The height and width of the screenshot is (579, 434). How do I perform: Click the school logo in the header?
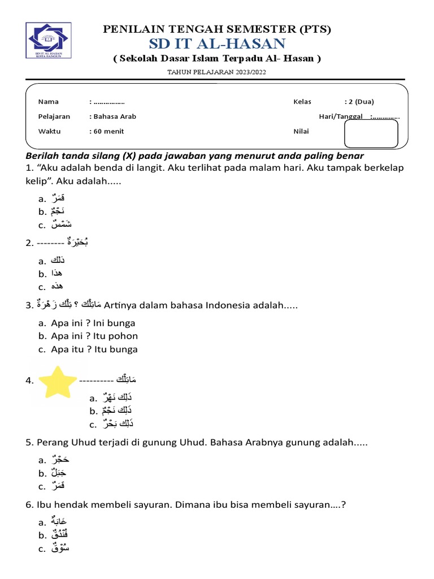[49, 40]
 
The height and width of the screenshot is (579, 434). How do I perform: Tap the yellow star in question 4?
[57, 382]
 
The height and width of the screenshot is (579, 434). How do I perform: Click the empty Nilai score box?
[371, 133]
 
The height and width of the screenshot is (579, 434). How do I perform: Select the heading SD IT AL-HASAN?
[217, 44]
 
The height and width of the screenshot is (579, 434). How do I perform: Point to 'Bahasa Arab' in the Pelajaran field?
[115, 116]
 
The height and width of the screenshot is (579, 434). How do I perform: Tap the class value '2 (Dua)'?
[361, 102]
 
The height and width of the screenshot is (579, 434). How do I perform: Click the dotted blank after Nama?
[108, 102]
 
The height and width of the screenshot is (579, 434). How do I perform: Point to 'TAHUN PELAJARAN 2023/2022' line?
[217, 72]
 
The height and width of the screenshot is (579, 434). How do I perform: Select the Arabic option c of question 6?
[60, 548]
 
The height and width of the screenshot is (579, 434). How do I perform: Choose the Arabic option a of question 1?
[58, 198]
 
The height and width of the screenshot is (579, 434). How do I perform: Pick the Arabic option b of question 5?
[58, 473]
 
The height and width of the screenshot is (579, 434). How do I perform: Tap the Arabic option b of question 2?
[57, 274]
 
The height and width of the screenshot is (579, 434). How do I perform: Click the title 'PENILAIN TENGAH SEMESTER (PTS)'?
[217, 29]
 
